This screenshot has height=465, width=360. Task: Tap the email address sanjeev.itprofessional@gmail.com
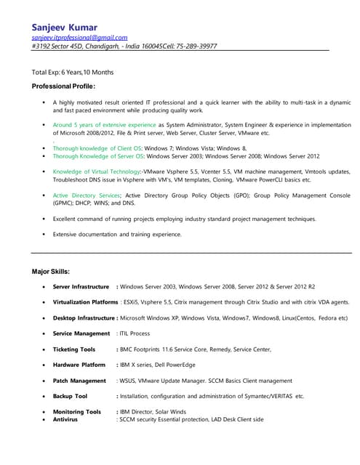click(79, 36)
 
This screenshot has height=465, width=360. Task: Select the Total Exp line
click(72, 72)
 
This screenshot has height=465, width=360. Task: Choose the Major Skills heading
click(51, 271)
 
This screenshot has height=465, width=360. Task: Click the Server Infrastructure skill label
click(81, 286)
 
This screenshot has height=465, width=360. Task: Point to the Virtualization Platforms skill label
click(85, 302)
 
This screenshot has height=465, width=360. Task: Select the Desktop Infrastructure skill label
click(84, 318)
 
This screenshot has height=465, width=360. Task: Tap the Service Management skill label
click(81, 333)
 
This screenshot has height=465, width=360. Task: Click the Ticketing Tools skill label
click(74, 349)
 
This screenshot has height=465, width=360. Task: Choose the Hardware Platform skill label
click(79, 365)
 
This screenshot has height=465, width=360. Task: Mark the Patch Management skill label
click(79, 380)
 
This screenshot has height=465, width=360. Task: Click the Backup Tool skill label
click(70, 396)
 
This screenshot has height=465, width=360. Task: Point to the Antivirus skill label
click(67, 419)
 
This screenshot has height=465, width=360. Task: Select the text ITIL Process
click(135, 333)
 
